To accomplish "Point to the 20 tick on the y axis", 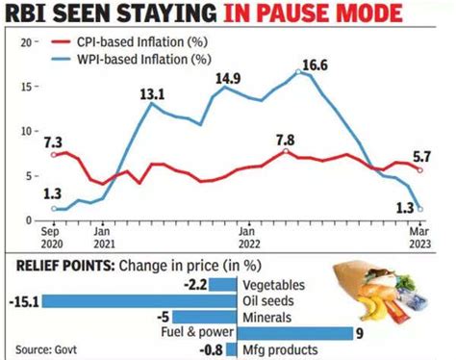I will click(x=28, y=42).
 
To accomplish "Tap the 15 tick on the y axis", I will click(x=28, y=87).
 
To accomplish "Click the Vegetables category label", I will click(x=275, y=286).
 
